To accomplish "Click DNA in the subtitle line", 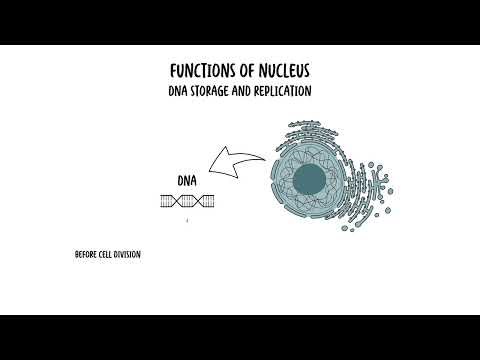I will [x=179, y=91].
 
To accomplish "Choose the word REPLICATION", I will [x=287, y=91].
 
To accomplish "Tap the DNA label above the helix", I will [x=186, y=181].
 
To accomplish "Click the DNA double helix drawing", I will [x=186, y=201].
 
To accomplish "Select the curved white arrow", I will [x=237, y=163].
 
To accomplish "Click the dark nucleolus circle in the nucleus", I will [x=309, y=179].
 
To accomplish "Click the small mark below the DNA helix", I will [x=186, y=219].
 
